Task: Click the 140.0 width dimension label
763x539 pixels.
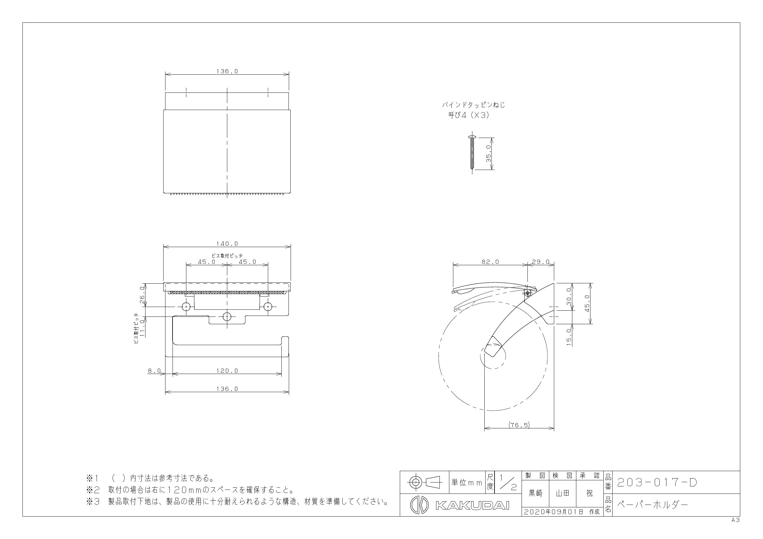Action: tap(227, 243)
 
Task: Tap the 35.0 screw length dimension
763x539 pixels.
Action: tap(488, 153)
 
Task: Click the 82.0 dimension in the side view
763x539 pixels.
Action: tap(491, 262)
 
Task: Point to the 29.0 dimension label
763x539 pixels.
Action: tap(541, 262)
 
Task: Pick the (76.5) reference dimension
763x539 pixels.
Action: tap(519, 425)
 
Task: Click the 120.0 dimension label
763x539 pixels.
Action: tap(227, 371)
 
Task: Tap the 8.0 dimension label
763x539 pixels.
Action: tap(154, 371)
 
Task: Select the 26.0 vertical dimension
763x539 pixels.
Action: tap(142, 295)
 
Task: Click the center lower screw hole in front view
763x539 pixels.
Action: tap(227, 317)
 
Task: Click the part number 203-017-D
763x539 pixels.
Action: tap(657, 482)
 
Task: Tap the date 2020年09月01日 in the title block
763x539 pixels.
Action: tap(554, 512)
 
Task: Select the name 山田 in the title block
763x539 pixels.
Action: tap(562, 493)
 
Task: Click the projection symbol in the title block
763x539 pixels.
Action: tap(424, 482)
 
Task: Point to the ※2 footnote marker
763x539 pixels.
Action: tap(93, 490)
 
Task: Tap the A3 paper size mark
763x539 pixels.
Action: tap(735, 520)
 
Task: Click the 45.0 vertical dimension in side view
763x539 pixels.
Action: tap(587, 303)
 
